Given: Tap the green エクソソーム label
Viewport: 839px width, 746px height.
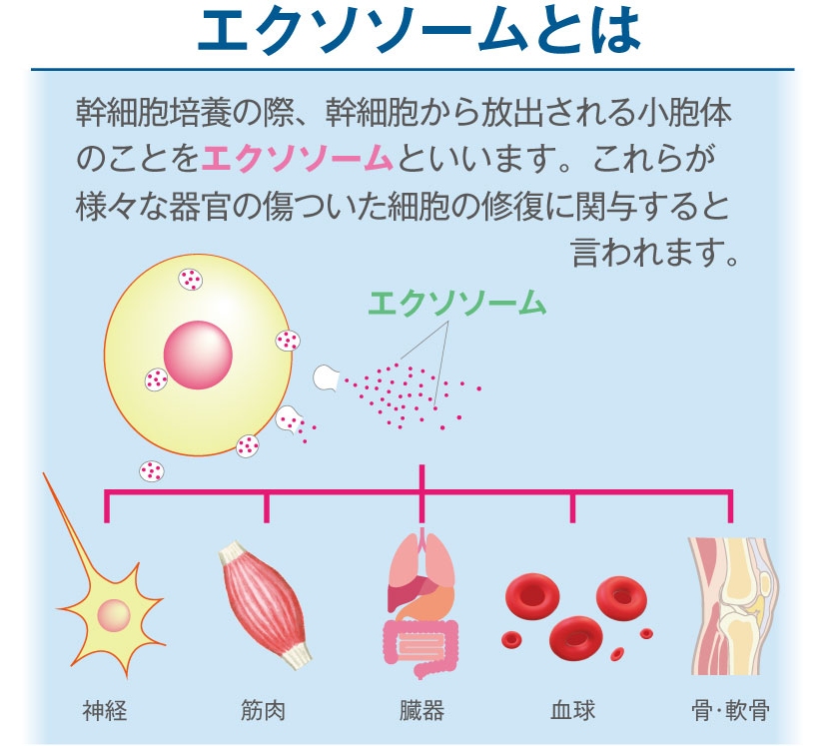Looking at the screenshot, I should coord(457,303).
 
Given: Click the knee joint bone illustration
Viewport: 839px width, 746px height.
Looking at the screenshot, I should coord(731,606).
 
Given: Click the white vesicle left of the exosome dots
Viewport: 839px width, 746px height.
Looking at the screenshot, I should coord(326,376).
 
